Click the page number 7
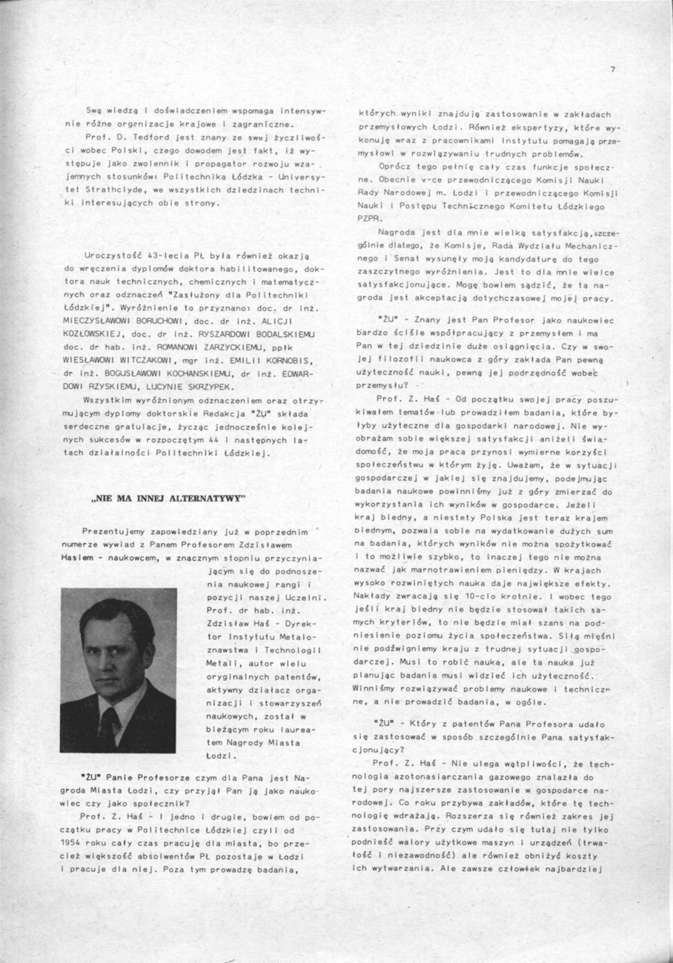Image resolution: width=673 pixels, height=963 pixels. tap(613, 70)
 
